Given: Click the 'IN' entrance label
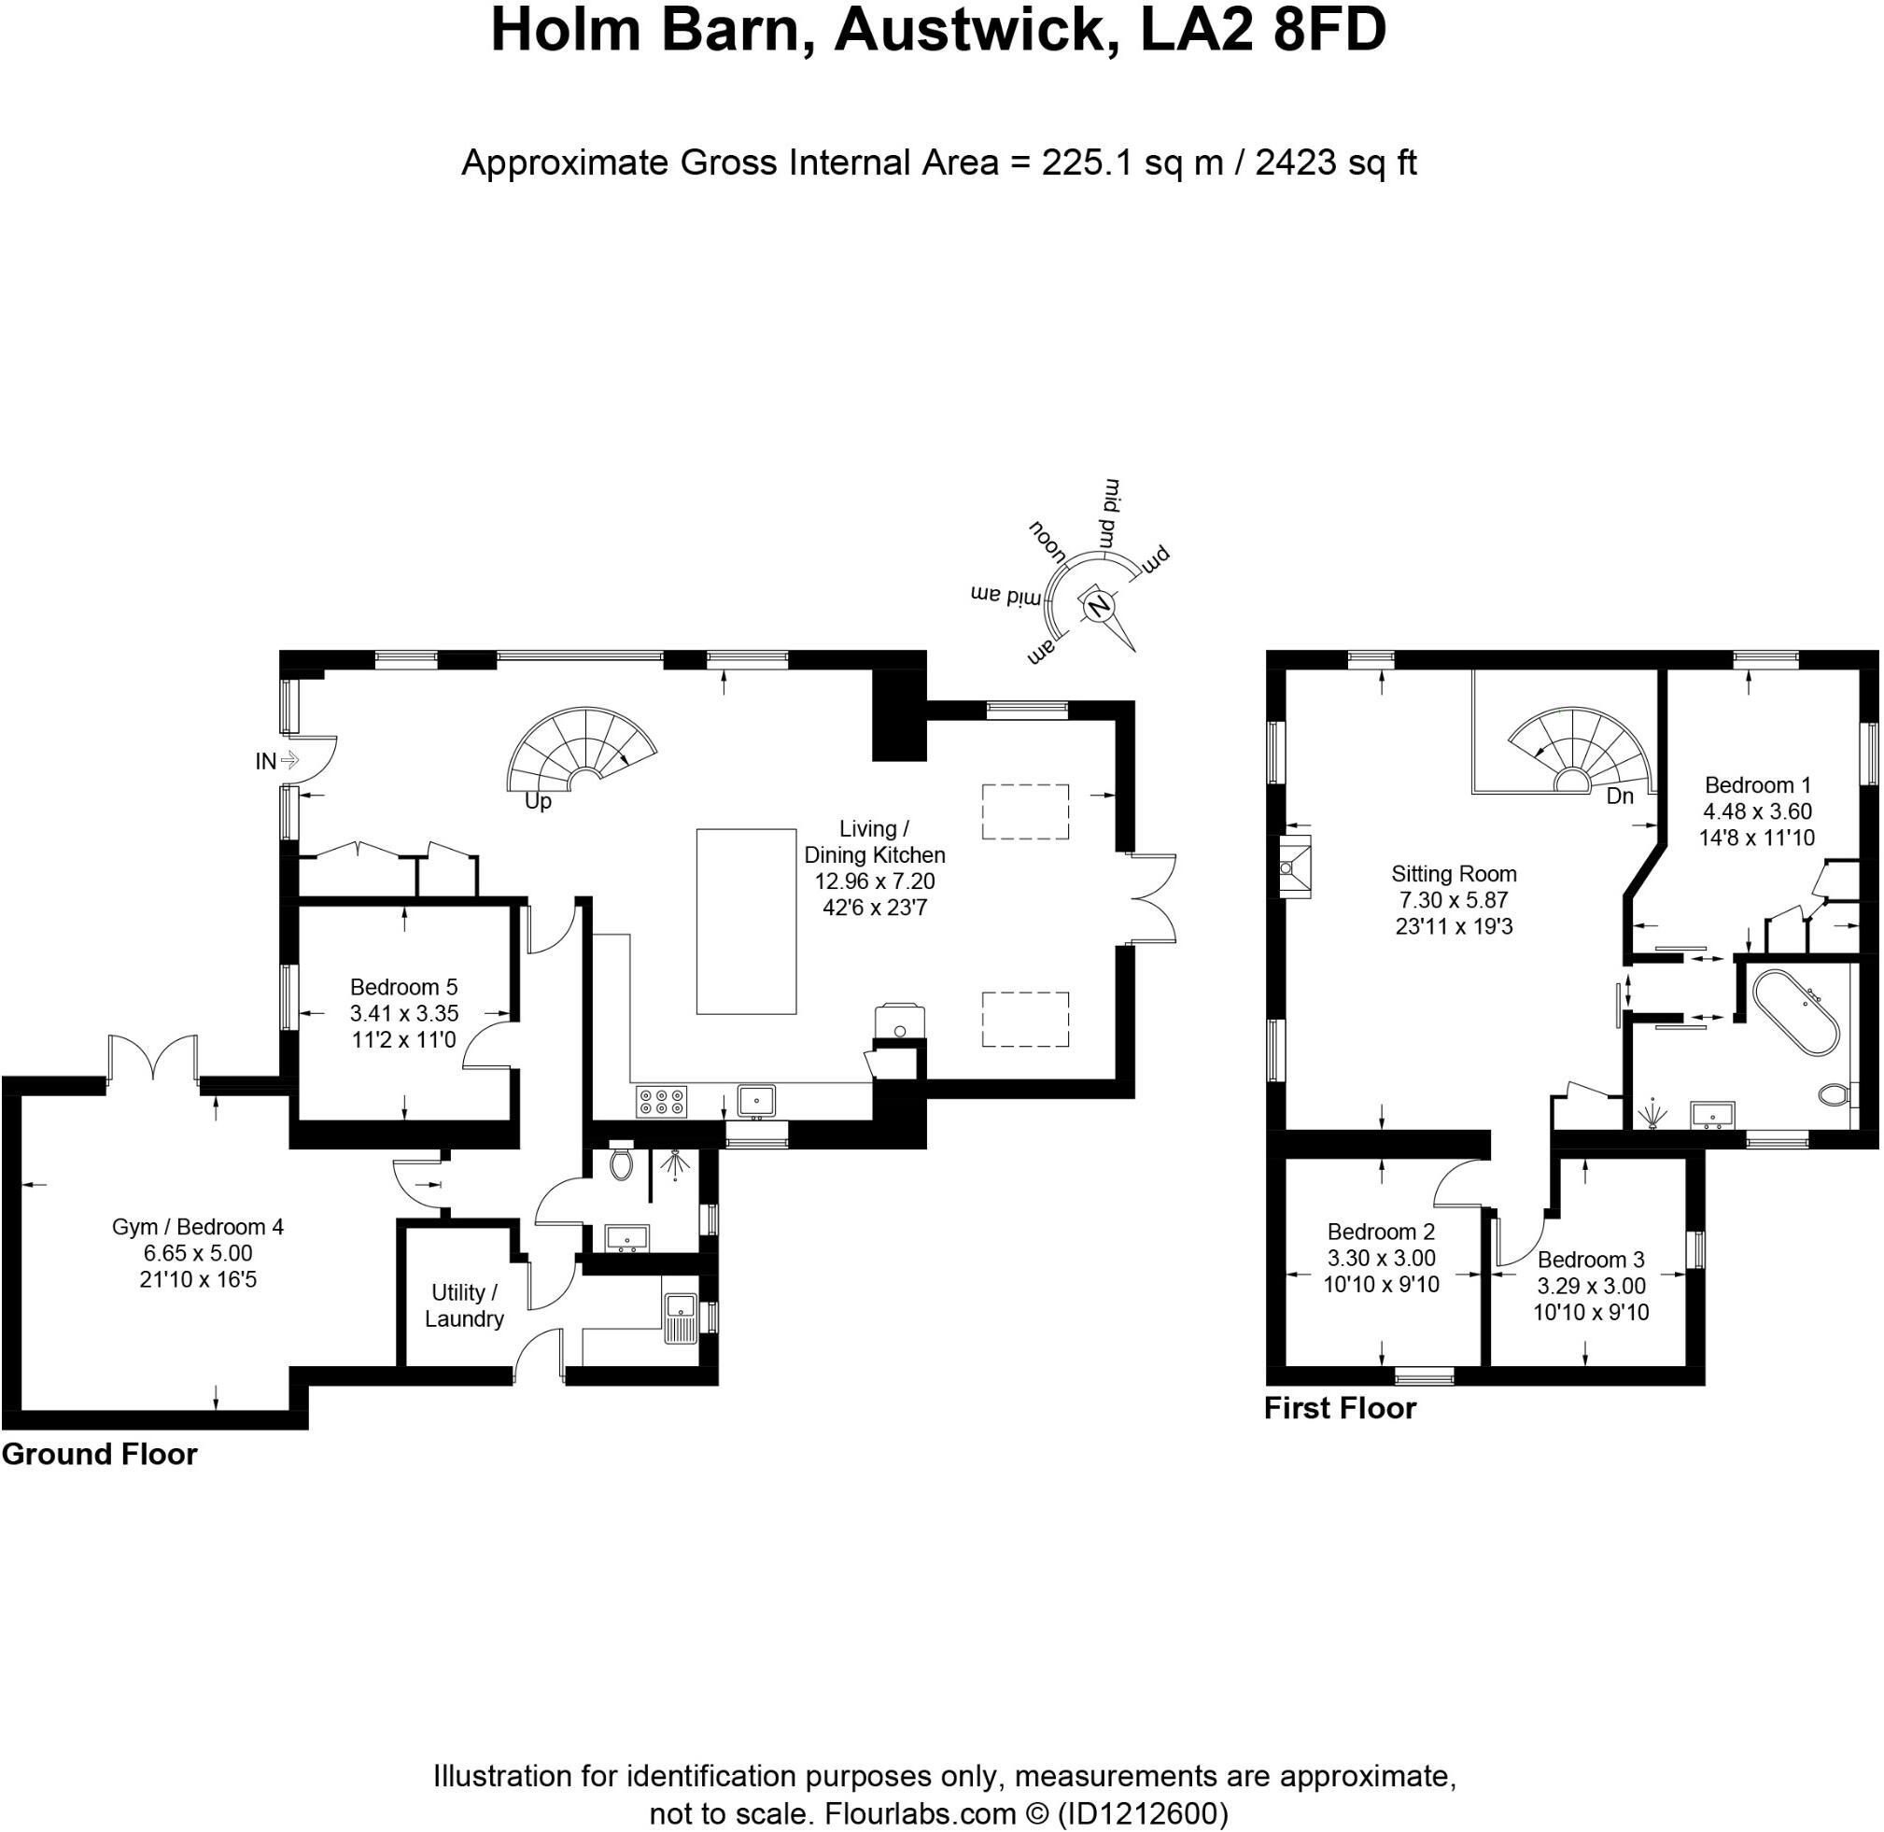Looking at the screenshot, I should (265, 761).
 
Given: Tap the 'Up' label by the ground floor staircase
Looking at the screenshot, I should (538, 800).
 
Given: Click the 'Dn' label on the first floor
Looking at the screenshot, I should (1621, 796).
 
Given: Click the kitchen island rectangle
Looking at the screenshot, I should (746, 921).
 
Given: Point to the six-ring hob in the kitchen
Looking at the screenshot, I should (662, 1102).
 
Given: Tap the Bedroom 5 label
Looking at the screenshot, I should (403, 986).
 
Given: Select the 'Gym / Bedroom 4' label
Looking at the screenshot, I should (197, 1227).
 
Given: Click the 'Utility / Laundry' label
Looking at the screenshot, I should (464, 1305).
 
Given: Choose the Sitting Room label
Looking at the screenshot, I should (1453, 874).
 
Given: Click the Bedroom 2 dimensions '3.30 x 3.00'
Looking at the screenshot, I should (1381, 1258).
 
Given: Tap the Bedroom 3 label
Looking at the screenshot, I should (1591, 1260).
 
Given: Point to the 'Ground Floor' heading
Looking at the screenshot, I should (99, 1454).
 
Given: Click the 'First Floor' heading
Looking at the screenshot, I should (1340, 1408).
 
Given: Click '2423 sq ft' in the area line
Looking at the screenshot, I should (1336, 162).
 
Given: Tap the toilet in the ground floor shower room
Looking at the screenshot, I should (622, 1163).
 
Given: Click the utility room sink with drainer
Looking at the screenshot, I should (682, 1313).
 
